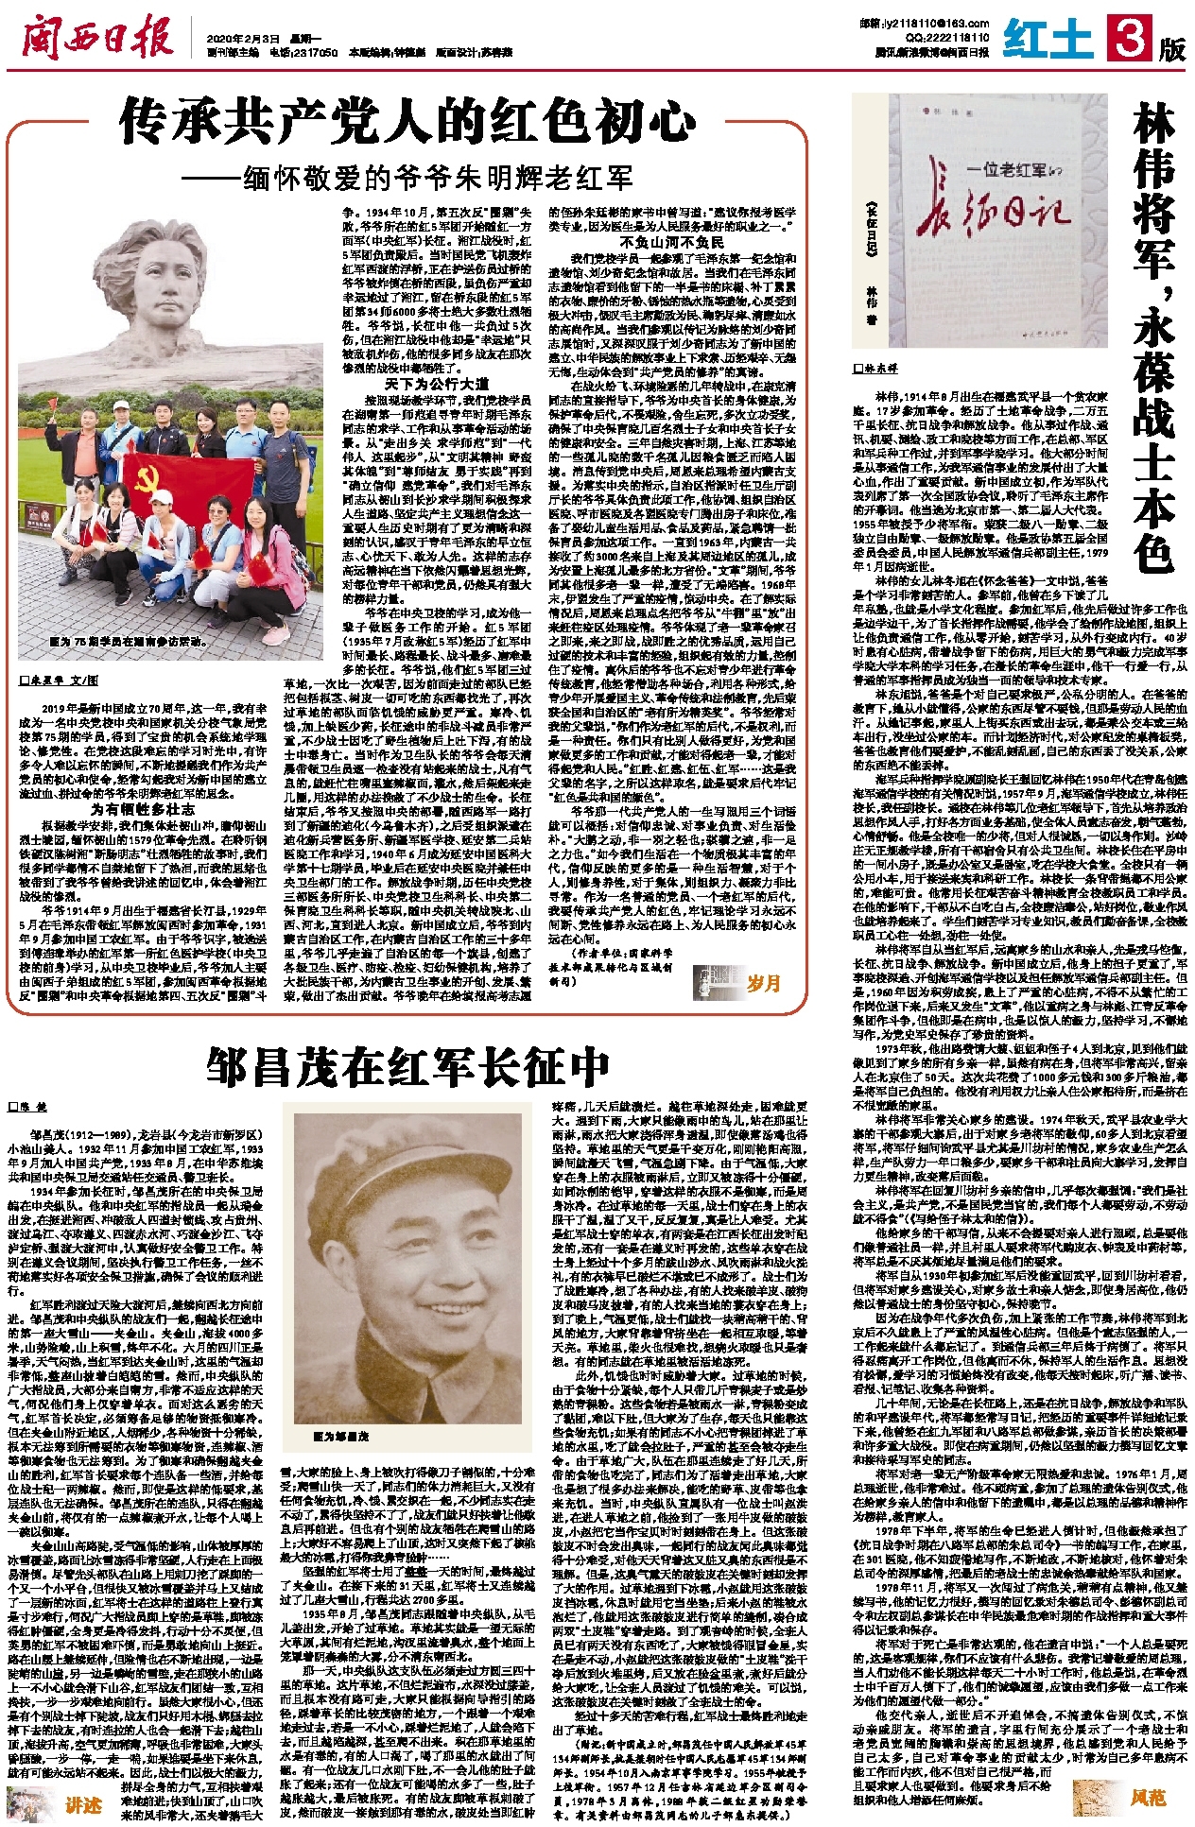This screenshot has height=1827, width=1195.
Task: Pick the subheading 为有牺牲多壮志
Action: [x=143, y=809]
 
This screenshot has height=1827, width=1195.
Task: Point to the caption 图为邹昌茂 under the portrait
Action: [x=341, y=1436]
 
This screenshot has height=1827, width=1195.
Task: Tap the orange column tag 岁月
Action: [x=763, y=984]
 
